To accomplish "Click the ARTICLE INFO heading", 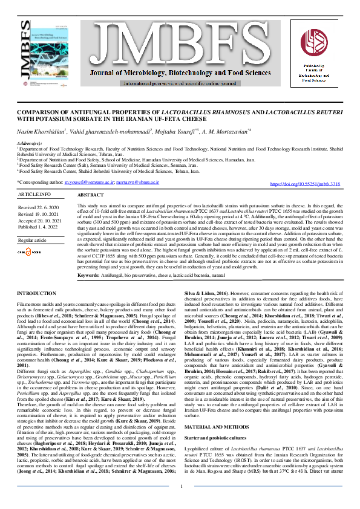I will pyautogui.click(x=34, y=194).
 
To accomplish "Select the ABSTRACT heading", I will pyautogui.click(x=91, y=195).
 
